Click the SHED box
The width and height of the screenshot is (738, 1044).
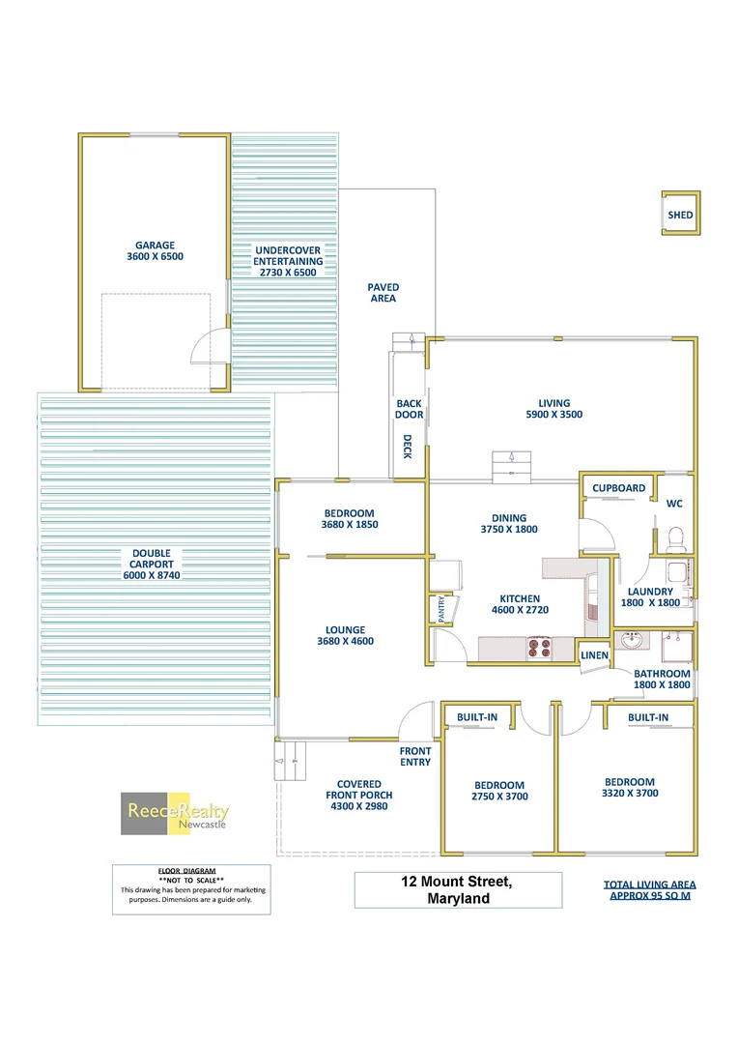coord(680,215)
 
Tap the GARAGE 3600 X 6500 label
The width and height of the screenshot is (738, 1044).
coord(155,251)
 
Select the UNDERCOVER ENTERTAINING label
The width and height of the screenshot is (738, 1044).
coord(288,261)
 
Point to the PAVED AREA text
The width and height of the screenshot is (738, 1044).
coord(383,293)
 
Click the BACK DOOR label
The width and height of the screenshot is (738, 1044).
coord(409,409)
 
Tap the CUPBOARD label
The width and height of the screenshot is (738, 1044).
coord(618,488)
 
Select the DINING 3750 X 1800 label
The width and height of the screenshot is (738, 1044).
coord(508,523)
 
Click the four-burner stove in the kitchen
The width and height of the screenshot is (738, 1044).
coord(539,648)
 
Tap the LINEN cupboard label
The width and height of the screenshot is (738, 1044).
coord(594,655)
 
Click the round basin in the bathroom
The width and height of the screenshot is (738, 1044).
coord(632,640)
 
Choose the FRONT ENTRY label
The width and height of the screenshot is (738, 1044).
coord(415,756)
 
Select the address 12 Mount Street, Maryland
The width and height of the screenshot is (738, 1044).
coord(458,889)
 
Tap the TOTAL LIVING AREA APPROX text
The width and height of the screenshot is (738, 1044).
coord(649,889)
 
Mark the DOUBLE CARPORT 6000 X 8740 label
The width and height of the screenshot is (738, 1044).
coord(153,564)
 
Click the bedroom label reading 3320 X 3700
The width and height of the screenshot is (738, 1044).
coord(629,788)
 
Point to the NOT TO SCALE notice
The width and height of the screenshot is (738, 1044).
coord(190,879)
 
